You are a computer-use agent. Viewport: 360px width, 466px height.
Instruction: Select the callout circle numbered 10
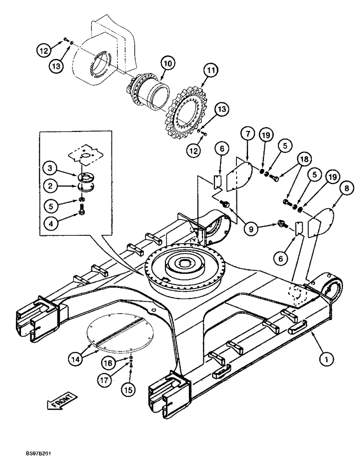click(x=167, y=62)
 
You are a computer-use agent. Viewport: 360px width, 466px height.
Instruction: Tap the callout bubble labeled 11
click(x=211, y=71)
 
